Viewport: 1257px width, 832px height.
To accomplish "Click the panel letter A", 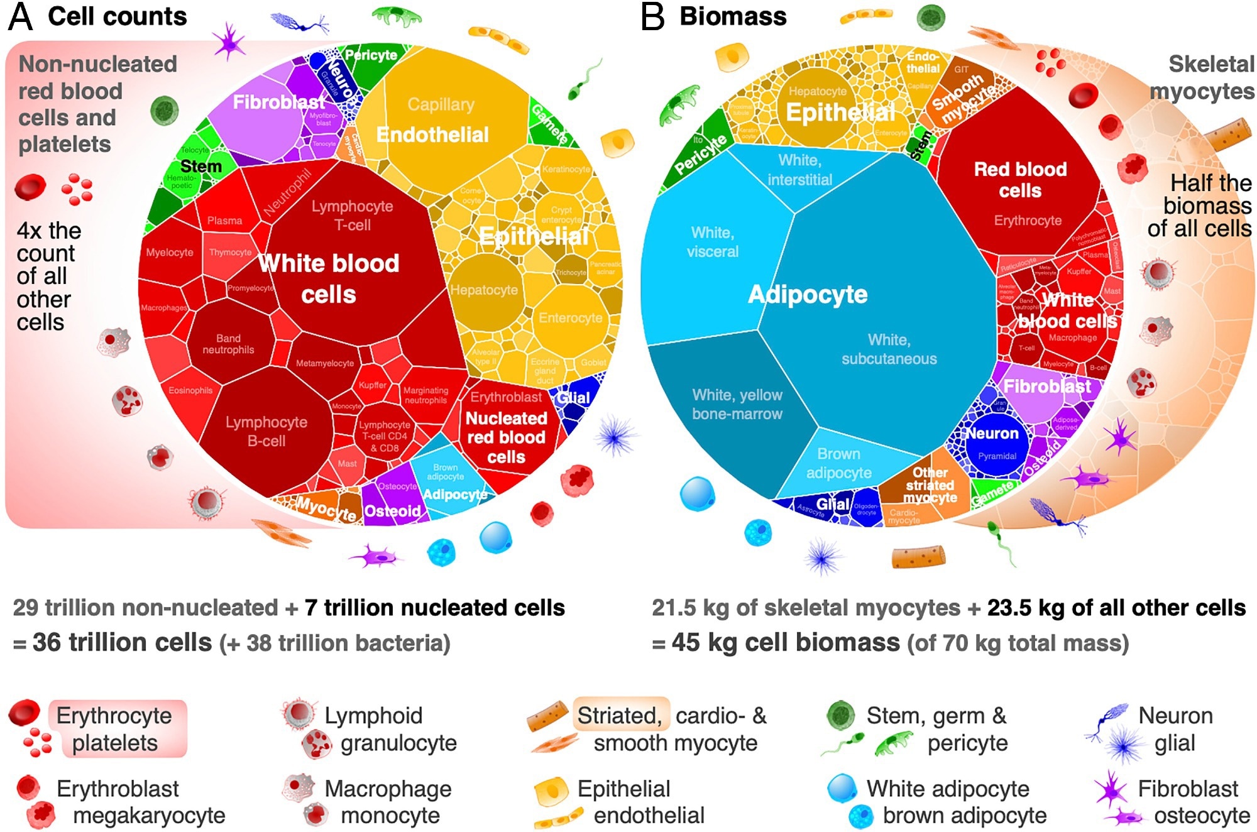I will (x=20, y=17).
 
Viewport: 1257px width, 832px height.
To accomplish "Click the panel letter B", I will (x=652, y=17).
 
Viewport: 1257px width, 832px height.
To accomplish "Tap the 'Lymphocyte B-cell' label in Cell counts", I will (x=266, y=431).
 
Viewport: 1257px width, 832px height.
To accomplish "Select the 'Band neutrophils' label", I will (x=228, y=344).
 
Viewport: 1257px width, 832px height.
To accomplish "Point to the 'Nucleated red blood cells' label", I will (x=506, y=437).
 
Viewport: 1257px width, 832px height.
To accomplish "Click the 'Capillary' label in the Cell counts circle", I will (x=441, y=104).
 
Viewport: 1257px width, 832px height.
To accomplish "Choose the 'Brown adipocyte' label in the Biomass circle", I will (x=838, y=463).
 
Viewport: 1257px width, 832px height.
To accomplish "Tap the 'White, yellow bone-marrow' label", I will (x=737, y=404).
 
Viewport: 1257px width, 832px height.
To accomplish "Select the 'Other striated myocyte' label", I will (x=930, y=485).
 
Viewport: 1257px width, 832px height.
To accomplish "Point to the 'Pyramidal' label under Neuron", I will (x=997, y=456).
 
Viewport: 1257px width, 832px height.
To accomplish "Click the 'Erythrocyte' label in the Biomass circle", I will (x=1028, y=221).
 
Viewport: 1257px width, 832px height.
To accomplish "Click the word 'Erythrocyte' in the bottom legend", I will (x=114, y=716).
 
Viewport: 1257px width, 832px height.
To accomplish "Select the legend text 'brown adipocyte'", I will (x=964, y=816).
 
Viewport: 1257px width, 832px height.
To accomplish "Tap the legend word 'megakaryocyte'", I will (x=149, y=816).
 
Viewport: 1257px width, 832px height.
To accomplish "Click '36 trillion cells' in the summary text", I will (x=122, y=642).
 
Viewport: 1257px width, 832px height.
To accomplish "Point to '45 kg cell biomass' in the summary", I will (x=786, y=642).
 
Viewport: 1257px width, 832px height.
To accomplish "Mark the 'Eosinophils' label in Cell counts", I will (x=190, y=390).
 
